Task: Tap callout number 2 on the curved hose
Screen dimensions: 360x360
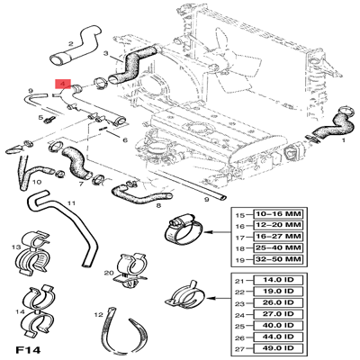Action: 70,42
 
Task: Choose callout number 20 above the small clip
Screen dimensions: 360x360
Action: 108,273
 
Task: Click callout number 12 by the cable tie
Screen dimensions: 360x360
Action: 97,316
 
